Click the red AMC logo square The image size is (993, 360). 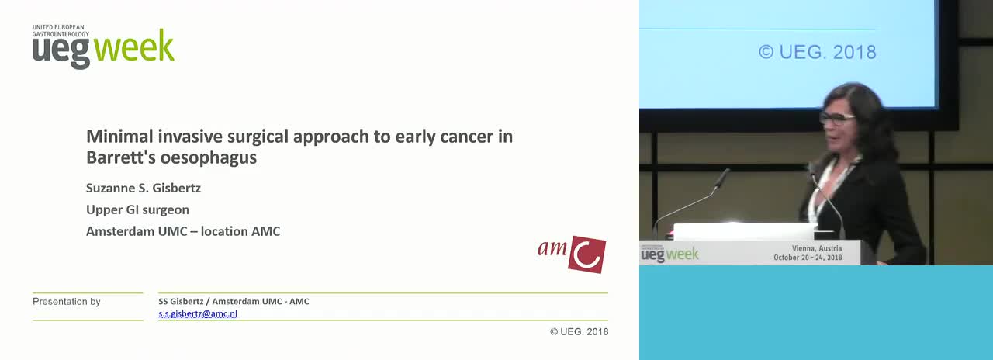coord(587,254)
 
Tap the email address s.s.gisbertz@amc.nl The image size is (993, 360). coord(198,313)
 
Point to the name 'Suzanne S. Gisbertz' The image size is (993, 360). coord(144,188)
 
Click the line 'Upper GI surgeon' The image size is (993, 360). coord(137,209)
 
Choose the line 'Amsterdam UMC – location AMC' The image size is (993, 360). coord(183,231)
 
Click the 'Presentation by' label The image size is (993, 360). coord(67,302)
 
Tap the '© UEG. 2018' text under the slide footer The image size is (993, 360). coord(579,331)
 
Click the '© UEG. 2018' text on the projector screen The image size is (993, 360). coord(818,52)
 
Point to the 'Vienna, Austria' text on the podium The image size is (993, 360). coord(817,248)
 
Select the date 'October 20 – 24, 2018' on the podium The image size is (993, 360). coord(808,257)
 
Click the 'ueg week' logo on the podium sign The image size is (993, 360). coord(669,254)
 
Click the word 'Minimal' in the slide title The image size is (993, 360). coord(119,137)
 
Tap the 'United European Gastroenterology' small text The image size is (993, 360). coord(61,30)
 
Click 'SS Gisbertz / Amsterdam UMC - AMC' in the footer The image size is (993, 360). coord(234,302)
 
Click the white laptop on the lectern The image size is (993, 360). coord(744,232)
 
